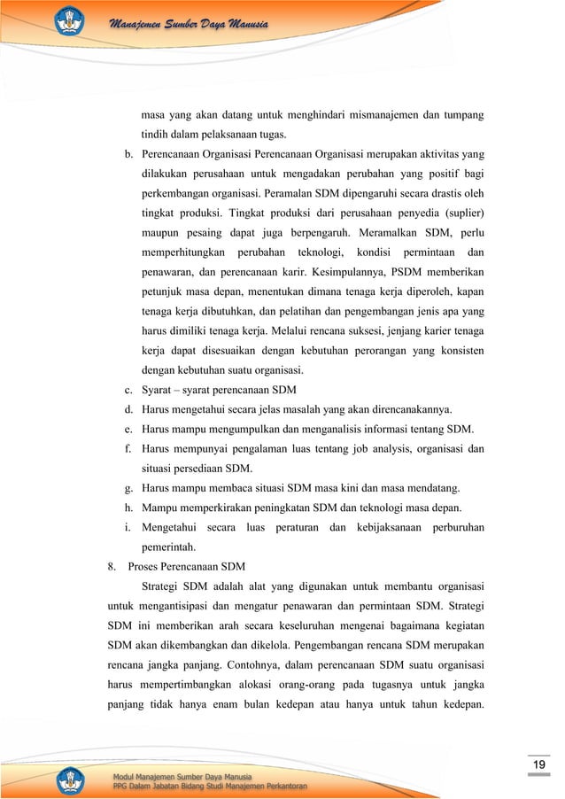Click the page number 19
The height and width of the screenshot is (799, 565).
coord(537,764)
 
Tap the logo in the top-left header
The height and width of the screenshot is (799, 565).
coord(73,19)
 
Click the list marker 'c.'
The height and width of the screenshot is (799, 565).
coord(129,391)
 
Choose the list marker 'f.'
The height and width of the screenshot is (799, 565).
coord(129,448)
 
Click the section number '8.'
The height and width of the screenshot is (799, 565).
coord(112,566)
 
